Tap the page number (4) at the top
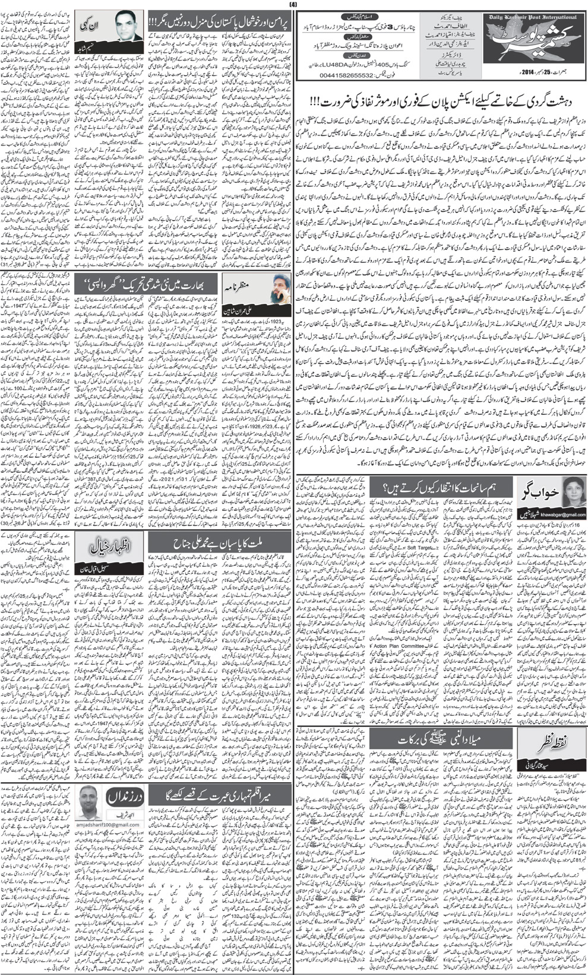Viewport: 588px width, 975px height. [293, 5]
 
